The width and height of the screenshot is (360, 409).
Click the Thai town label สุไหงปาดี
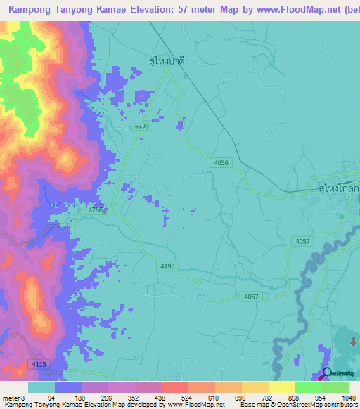click(x=167, y=61)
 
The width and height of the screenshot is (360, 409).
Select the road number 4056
click(x=221, y=163)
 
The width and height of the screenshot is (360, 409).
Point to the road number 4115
click(x=39, y=363)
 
